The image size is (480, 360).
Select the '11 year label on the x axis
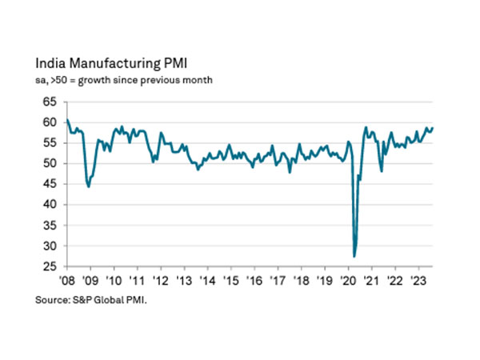click(x=136, y=281)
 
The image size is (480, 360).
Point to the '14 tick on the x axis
click(x=206, y=281)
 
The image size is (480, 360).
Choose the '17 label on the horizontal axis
click(x=277, y=281)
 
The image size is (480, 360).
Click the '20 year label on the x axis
click(x=348, y=281)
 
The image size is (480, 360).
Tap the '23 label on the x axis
click(x=418, y=281)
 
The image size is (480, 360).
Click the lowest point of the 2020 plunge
click(x=354, y=256)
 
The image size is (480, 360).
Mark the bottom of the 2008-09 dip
click(x=88, y=186)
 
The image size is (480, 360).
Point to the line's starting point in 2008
click(x=66, y=120)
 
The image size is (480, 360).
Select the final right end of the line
click(x=433, y=128)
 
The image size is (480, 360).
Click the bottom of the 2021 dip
click(x=381, y=170)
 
